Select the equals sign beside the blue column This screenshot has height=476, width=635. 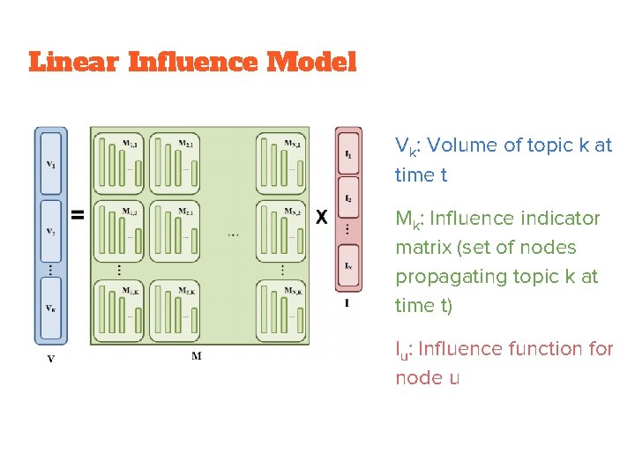click(x=78, y=214)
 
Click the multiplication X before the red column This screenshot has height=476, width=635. click(x=322, y=217)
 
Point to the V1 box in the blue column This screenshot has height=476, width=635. click(x=50, y=164)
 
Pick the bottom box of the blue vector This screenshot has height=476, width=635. click(x=50, y=309)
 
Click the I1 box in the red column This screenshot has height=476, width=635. click(x=349, y=156)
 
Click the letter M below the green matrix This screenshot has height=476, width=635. click(x=196, y=354)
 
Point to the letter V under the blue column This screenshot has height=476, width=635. click(x=50, y=358)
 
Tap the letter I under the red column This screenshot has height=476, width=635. click(x=347, y=304)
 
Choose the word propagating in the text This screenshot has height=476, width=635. click(x=452, y=277)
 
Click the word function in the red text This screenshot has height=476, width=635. click(x=542, y=349)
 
